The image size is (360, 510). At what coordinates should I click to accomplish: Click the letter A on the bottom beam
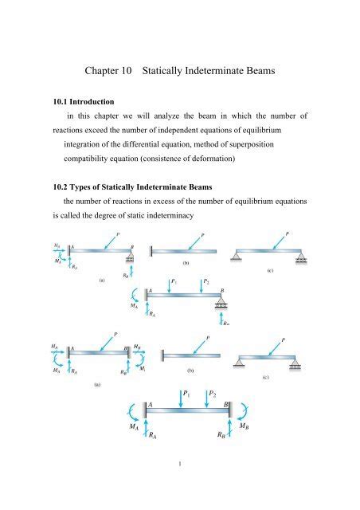[149, 405]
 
